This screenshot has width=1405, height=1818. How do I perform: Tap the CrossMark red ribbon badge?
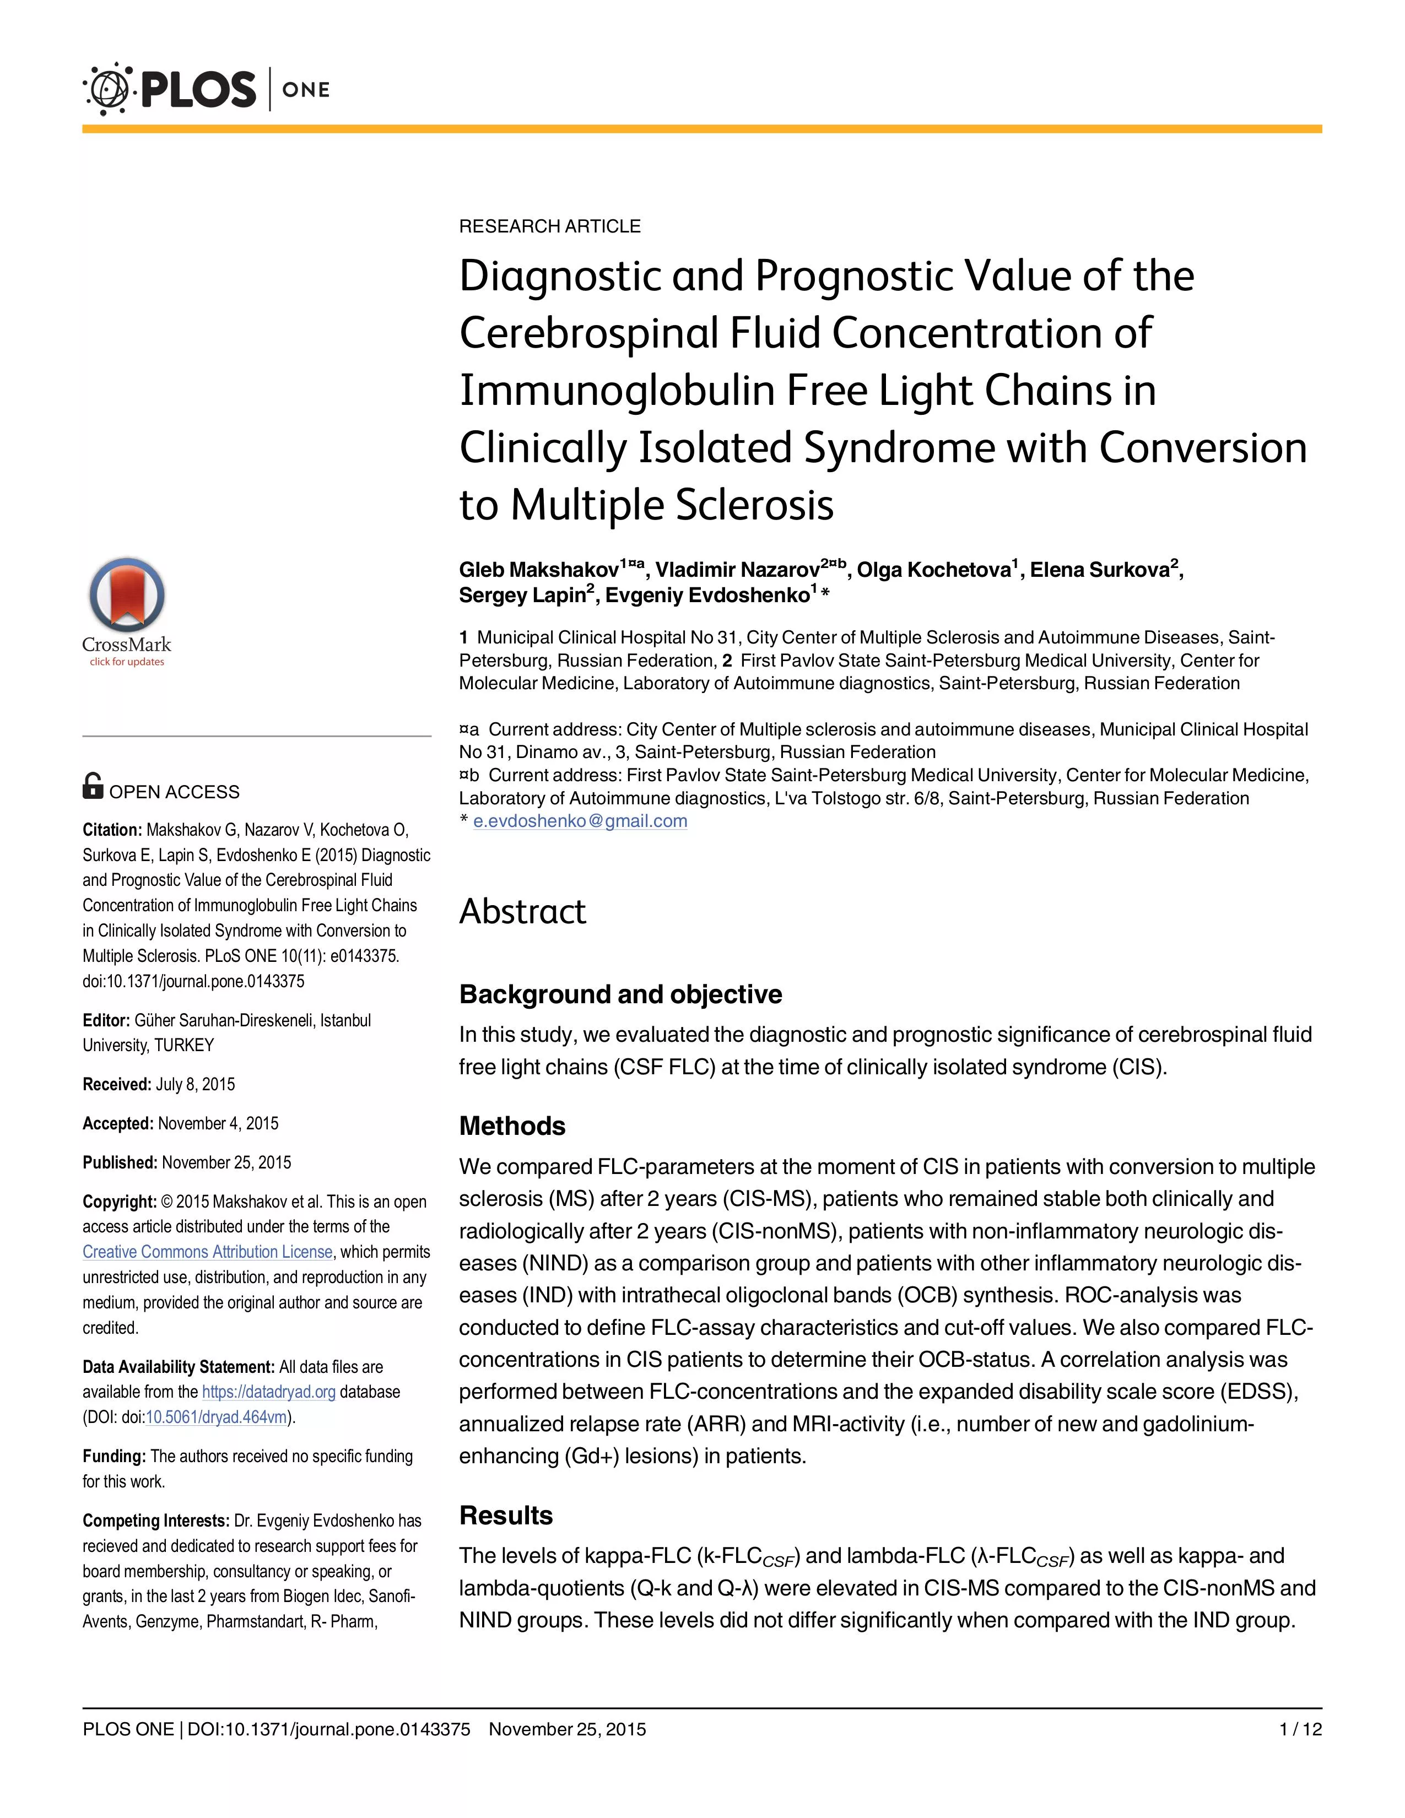(x=127, y=595)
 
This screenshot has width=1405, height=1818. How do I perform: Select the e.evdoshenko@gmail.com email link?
(x=580, y=821)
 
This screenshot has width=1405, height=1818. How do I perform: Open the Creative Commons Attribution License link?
(x=207, y=1252)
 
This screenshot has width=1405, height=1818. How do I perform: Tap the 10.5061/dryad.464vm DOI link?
(x=217, y=1417)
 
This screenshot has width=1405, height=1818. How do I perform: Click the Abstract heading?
(x=523, y=912)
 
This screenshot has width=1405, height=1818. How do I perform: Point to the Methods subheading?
(x=512, y=1126)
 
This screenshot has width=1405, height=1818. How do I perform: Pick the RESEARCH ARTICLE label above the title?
(x=549, y=226)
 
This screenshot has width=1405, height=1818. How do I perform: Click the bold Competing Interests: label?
(x=155, y=1521)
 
